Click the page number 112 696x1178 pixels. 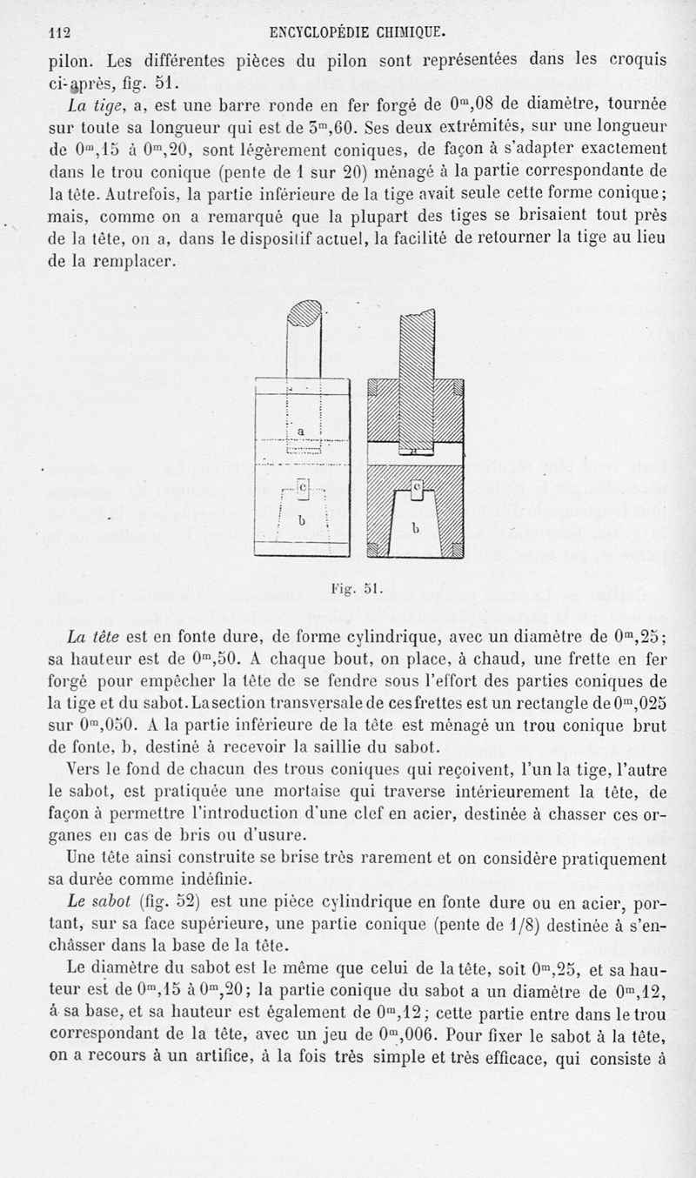(x=59, y=33)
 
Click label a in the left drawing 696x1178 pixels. (x=300, y=430)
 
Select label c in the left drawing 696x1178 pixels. (x=302, y=488)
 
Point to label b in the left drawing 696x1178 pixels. (x=302, y=520)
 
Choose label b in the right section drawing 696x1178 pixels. (x=416, y=527)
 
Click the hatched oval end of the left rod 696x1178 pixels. (x=306, y=312)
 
